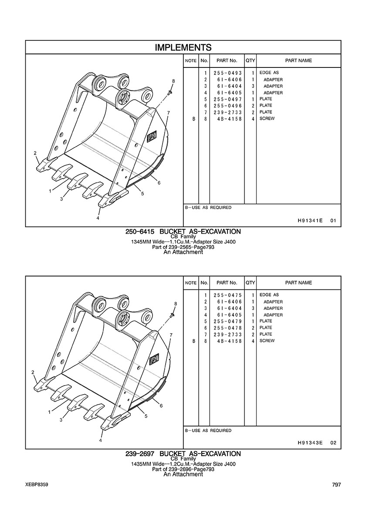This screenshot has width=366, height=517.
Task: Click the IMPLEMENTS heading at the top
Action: (183, 47)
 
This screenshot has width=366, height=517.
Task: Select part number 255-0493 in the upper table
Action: (228, 73)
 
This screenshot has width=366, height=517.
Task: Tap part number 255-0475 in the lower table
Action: (228, 295)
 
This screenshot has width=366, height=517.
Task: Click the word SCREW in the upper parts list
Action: (267, 119)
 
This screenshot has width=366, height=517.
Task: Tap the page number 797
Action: (337, 485)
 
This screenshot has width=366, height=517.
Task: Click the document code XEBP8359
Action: (36, 485)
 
